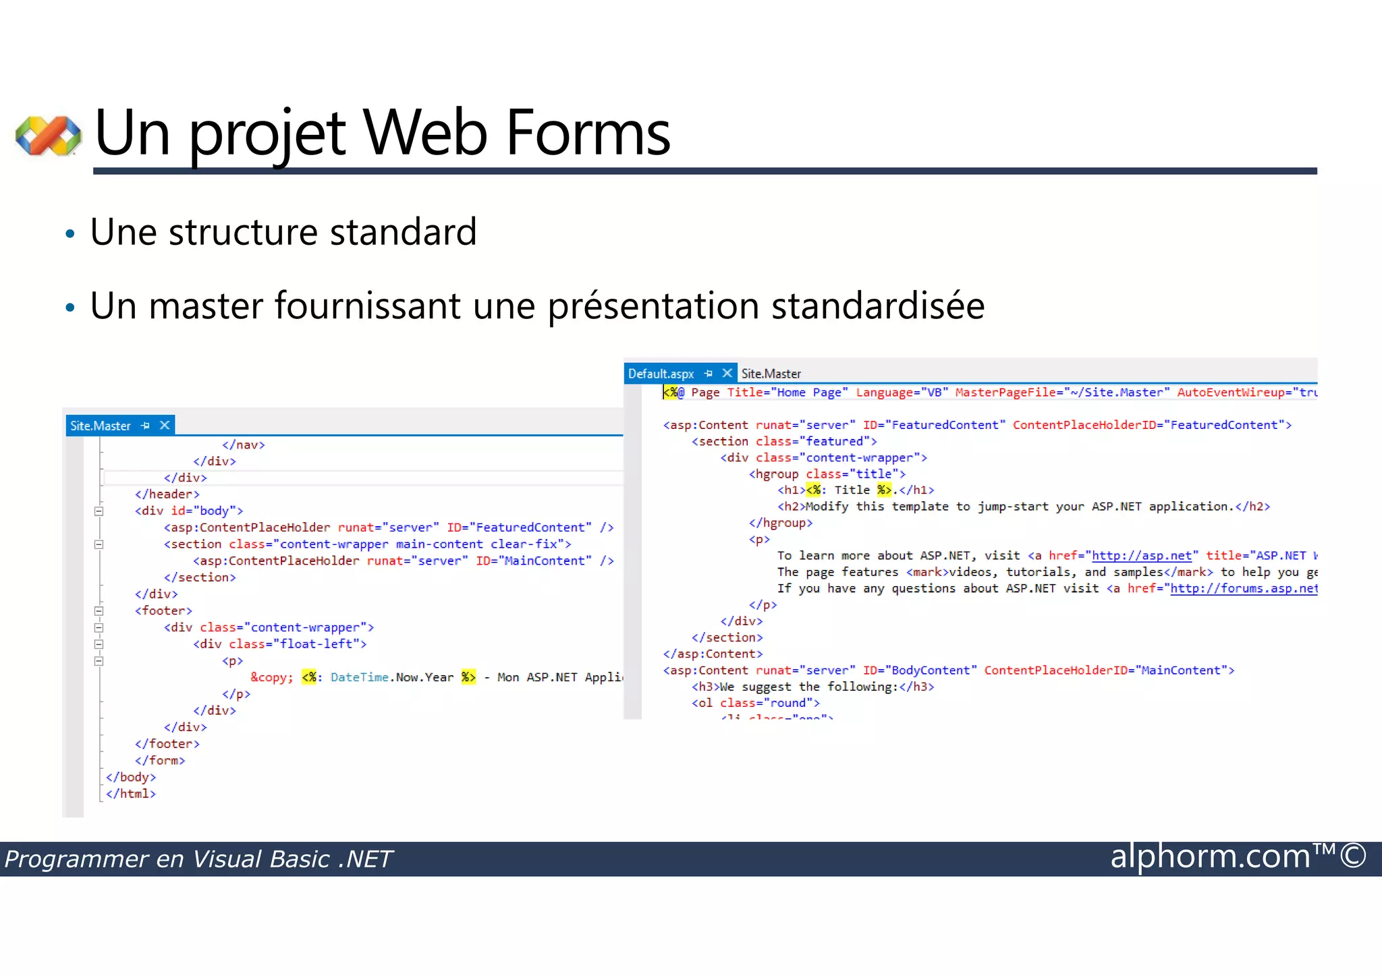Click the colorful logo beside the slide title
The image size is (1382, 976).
48,136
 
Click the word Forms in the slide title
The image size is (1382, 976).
587,133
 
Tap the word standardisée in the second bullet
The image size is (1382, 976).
877,306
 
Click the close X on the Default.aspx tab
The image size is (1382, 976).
727,373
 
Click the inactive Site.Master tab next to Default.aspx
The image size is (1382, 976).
771,374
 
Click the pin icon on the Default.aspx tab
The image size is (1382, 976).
708,373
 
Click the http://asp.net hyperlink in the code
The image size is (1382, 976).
1141,556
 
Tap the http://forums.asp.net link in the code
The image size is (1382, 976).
1243,588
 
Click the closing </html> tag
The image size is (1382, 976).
131,794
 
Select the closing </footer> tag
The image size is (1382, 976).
167,743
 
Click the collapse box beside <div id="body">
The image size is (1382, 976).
99,511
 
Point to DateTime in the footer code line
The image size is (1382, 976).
359,677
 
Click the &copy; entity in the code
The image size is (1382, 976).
271,677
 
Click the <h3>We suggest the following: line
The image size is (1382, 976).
812,687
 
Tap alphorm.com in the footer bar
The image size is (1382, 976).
1210,857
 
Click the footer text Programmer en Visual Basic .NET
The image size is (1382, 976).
198,859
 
